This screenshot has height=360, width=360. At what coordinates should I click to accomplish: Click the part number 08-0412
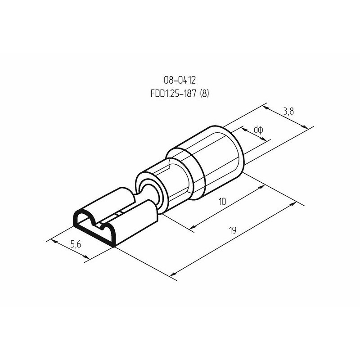pos(180,80)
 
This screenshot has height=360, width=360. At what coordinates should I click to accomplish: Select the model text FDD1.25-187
pos(174,94)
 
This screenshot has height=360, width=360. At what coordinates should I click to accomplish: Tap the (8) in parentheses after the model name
pos(205,94)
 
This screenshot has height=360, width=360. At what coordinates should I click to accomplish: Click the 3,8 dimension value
pos(288,112)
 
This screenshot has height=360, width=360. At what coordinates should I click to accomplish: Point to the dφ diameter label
pos(258,130)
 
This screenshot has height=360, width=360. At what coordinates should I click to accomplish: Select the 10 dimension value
pos(222,202)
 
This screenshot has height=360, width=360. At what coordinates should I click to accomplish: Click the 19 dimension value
pos(233,230)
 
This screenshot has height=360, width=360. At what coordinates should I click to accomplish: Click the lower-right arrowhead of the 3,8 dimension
pos(305,127)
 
